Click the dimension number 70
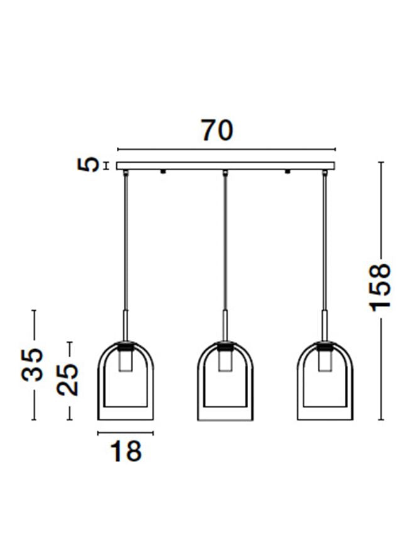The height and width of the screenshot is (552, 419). point(217,130)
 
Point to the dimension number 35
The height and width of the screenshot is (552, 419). point(33,364)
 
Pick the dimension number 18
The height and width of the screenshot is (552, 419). point(126,451)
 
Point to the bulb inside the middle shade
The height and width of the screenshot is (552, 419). point(226,362)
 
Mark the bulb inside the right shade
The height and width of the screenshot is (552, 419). point(325,362)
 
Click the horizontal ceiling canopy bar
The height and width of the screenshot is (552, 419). point(226,166)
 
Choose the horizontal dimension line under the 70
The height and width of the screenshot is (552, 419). point(226,150)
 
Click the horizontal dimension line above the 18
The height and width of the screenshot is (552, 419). point(126,433)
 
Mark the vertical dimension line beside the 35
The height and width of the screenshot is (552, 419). point(33,327)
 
